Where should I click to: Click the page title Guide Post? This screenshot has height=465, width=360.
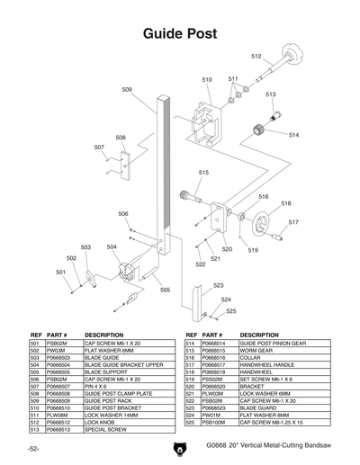pos(180,33)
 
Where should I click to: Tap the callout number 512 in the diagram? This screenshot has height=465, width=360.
pos(256,57)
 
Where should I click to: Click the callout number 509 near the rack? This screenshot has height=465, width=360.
pos(127,90)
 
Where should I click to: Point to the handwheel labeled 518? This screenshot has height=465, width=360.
pos(262,222)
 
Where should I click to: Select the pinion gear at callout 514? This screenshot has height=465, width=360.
pos(265,129)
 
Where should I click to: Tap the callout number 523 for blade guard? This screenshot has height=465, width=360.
pos(219,285)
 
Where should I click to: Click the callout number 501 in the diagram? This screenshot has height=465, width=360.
pos(61,272)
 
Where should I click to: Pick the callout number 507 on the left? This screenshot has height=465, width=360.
pos(99,147)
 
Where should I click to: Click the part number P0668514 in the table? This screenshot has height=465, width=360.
pos(217,344)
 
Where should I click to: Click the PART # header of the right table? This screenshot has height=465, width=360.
pos(212,334)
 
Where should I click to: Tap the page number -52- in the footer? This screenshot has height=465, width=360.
pos(33,447)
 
